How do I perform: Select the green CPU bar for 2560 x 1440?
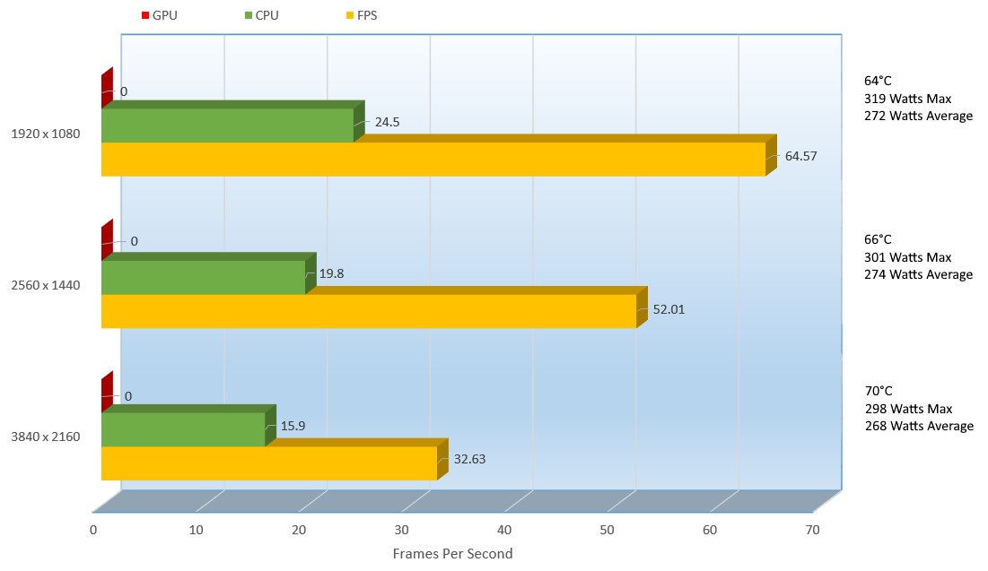pos(203,277)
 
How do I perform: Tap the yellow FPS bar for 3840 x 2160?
pos(268,463)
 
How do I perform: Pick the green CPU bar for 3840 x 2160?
pos(183,429)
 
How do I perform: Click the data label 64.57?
pos(800,156)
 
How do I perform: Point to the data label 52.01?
pos(670,309)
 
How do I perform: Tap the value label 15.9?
pos(293,426)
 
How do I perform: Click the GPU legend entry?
pos(161,16)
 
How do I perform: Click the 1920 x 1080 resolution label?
pos(46,134)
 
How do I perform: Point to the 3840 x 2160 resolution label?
pos(46,437)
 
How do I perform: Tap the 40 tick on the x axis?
pos(504,531)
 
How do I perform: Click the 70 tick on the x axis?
pos(812,531)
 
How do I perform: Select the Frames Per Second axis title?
pos(452,554)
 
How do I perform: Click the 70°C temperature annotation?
pos(879,391)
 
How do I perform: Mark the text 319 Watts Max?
pos(907,99)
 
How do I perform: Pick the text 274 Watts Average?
pos(918,274)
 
